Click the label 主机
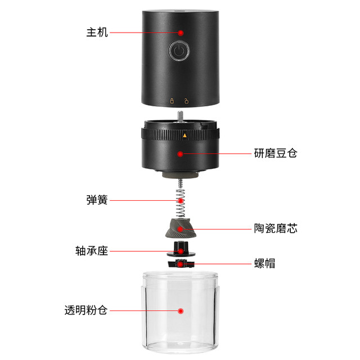click(97, 33)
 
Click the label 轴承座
click(92, 250)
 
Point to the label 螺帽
click(264, 263)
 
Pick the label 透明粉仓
click(86, 310)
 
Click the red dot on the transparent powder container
click(181, 310)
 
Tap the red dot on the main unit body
click(181, 33)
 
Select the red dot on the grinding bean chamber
click(181, 153)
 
